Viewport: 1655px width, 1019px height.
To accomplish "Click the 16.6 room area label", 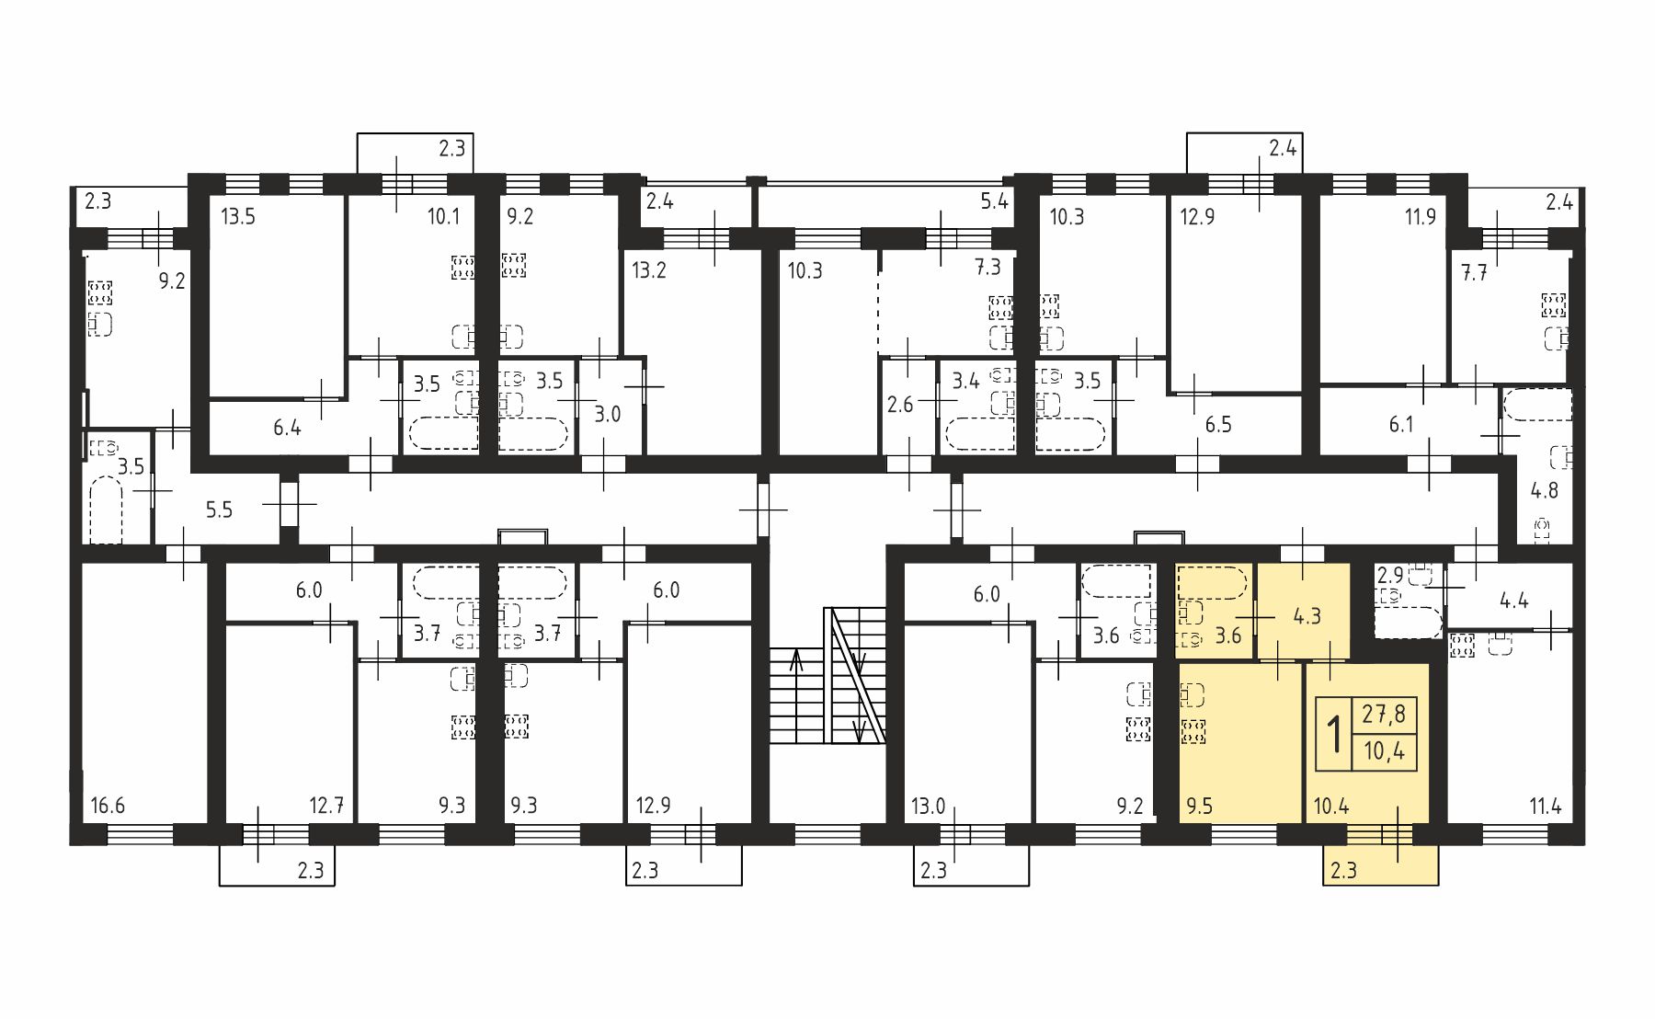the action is [x=108, y=807].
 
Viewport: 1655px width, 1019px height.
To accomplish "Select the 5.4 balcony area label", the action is [x=995, y=200].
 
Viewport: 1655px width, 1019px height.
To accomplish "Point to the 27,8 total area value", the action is [x=1385, y=714].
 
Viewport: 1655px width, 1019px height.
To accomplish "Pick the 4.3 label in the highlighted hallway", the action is [x=1307, y=615].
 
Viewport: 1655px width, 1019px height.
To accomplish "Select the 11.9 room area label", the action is [x=1420, y=218].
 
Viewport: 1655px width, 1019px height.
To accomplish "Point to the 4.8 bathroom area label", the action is [x=1545, y=490].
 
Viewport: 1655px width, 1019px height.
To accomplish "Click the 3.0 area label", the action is [x=607, y=414].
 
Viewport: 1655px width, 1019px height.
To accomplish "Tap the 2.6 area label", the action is [x=900, y=405].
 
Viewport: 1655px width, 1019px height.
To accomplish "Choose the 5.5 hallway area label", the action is [x=219, y=509].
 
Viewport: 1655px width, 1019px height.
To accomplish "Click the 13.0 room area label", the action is [x=929, y=807].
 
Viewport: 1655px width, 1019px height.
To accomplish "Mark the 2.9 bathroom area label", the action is [x=1389, y=576].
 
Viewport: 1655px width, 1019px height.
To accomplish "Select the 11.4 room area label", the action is [x=1546, y=807].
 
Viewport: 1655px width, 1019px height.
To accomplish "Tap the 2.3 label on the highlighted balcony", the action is [x=1343, y=869].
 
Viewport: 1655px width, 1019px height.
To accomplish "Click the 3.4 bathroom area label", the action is [x=965, y=380].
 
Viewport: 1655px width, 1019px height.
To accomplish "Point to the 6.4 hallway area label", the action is [x=287, y=428].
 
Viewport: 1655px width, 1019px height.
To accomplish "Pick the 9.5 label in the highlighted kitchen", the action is [x=1200, y=807].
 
